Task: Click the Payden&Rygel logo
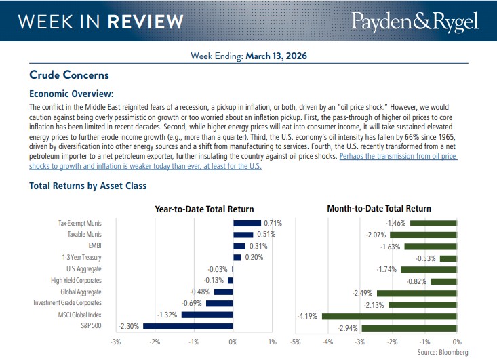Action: [x=414, y=21]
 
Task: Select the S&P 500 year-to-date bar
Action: [x=188, y=326]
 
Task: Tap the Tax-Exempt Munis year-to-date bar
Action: [x=247, y=223]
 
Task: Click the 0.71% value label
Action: [x=273, y=223]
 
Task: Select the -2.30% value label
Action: [x=129, y=326]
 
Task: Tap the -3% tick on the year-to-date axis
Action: [x=116, y=342]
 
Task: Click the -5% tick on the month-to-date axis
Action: [x=295, y=342]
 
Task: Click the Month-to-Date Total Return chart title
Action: [x=378, y=209]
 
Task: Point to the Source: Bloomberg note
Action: [x=442, y=353]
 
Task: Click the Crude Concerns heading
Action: [x=69, y=75]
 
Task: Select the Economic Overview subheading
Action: [x=71, y=94]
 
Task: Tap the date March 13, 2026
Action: [x=283, y=56]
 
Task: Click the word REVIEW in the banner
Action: [x=147, y=21]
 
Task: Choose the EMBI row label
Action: [x=94, y=246]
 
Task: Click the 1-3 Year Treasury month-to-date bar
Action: [x=449, y=258]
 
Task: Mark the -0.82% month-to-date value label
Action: [x=416, y=281]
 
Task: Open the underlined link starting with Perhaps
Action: [x=398, y=157]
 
